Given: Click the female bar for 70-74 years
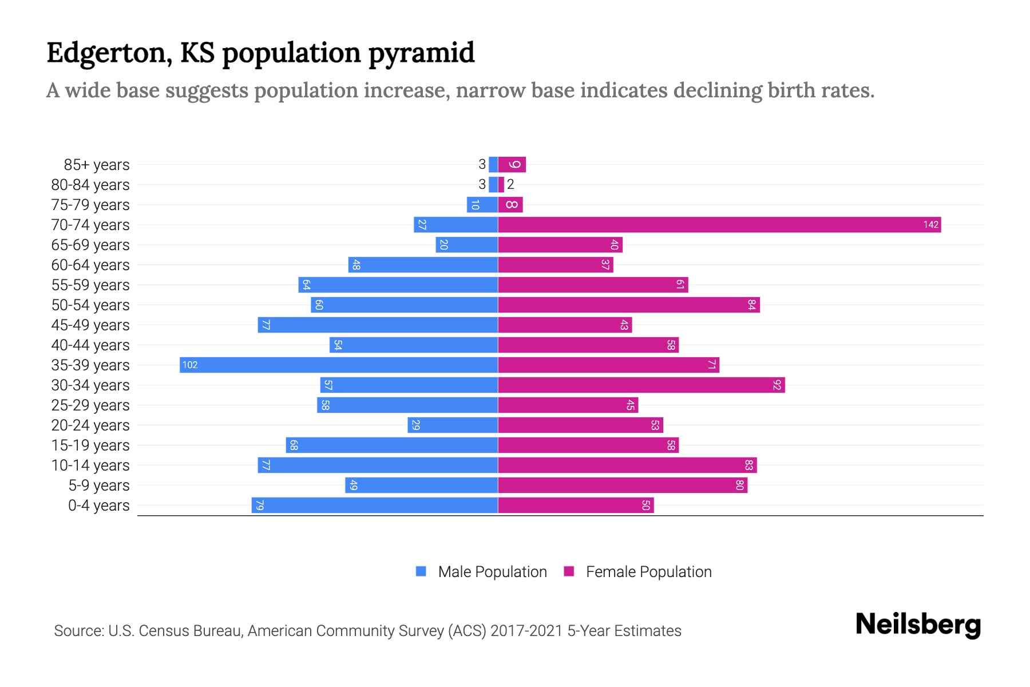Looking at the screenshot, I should pos(719,224).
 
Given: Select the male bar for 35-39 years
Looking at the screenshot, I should pos(339,365).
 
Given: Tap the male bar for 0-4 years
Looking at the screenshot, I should pos(375,505).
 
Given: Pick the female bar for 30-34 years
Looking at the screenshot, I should pos(641,385).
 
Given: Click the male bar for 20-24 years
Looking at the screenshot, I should pos(453,425).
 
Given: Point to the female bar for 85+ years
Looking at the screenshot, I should pos(512,164).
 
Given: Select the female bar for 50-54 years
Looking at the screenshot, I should pos(628,305).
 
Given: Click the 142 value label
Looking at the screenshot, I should pos(930,224).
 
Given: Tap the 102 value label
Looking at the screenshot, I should pos(190,365).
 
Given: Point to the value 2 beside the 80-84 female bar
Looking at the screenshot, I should pos(510,184).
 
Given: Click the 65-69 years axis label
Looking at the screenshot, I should pos(90,245).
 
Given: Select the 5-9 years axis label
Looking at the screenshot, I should pos(99,485).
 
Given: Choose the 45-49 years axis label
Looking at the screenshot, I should pos(90,325).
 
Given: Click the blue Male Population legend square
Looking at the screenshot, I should pos(421,571).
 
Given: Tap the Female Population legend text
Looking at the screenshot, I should pos(648,571).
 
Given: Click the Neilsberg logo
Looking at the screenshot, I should pos(918,625).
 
